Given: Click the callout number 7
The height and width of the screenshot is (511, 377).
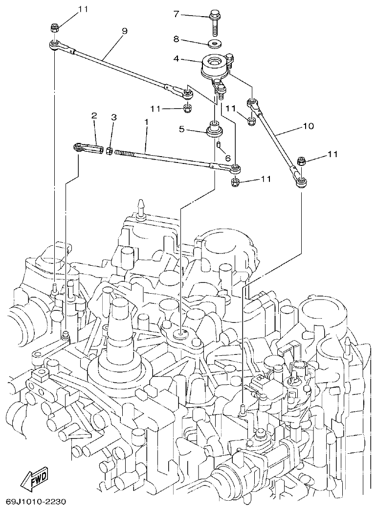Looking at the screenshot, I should pyautogui.click(x=177, y=14).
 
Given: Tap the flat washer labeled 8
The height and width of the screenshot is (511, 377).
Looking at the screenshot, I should pyautogui.click(x=214, y=44).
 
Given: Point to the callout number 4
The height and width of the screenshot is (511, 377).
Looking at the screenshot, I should pyautogui.click(x=177, y=60).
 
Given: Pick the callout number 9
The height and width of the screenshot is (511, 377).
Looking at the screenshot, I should pyautogui.click(x=124, y=31).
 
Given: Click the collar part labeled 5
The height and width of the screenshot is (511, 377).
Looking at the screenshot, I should pyautogui.click(x=215, y=131).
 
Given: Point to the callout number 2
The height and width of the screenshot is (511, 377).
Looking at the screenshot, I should pyautogui.click(x=94, y=116).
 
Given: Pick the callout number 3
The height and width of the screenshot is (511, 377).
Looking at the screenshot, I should pyautogui.click(x=113, y=117).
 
